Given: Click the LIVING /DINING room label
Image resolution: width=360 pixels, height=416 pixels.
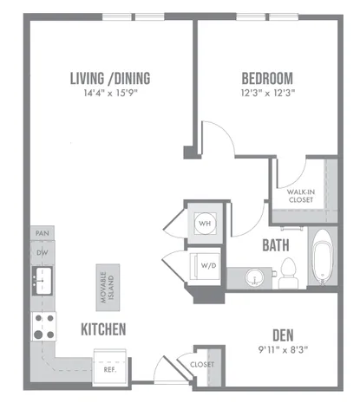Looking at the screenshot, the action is [110, 78].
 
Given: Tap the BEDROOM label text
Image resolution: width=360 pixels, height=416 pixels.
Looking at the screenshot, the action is [267, 78].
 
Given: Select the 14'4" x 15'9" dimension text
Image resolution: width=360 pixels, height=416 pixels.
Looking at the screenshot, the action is [110, 93].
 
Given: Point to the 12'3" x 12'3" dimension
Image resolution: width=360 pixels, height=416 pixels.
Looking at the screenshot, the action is [268, 93].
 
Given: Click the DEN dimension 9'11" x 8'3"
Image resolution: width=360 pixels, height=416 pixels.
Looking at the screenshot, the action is [283, 350].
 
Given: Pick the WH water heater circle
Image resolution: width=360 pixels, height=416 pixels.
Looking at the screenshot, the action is [205, 224].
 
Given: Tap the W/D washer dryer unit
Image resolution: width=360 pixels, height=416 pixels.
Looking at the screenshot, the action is [204, 266].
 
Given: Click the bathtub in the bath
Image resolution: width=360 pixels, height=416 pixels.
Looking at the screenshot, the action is [323, 256].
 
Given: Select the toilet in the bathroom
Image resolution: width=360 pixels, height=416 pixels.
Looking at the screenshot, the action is [288, 273].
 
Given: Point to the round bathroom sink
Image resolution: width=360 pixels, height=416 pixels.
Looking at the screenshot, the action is [254, 278].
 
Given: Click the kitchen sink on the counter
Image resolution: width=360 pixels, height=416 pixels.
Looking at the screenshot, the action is [43, 281].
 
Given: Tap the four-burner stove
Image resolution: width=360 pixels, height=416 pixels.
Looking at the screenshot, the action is [43, 327].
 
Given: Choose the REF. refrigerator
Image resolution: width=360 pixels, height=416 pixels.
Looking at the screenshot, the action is [110, 367].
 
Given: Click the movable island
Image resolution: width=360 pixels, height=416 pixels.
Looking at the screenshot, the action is [108, 288].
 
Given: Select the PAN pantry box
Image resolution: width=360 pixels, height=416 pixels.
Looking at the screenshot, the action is [43, 233].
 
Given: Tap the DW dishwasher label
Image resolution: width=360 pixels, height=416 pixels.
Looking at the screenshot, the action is [43, 253].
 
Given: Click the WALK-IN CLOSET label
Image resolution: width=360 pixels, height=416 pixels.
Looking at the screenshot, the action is [301, 196].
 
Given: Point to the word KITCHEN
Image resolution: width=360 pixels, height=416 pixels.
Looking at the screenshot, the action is [103, 329].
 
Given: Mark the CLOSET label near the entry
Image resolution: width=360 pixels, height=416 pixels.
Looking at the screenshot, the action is [202, 365].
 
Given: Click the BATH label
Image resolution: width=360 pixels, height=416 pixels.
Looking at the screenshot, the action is [276, 245].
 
